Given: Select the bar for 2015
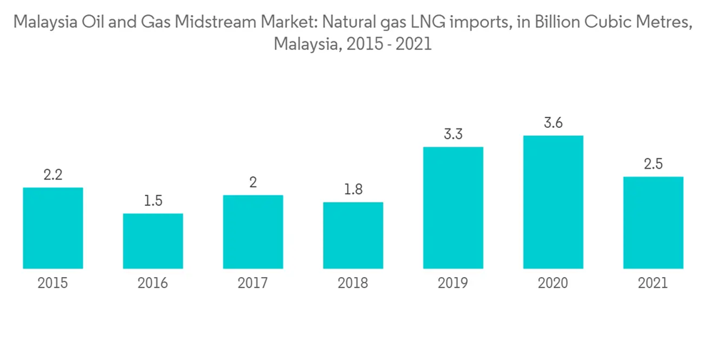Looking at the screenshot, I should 53,229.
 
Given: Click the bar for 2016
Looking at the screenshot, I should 153,241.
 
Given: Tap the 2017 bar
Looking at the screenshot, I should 253,232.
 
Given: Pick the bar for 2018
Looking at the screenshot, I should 353,236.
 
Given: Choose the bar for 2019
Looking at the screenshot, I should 453,208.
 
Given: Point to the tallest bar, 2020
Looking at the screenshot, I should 553,202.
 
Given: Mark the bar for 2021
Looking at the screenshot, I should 653,223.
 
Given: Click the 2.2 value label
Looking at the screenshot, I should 53,175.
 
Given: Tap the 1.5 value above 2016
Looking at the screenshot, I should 153,201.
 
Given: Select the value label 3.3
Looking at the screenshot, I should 453,134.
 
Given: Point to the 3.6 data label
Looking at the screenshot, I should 553,123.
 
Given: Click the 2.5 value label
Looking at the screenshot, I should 653,164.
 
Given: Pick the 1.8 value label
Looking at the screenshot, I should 353,189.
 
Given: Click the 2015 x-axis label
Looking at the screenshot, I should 53,284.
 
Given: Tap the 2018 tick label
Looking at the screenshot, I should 353,284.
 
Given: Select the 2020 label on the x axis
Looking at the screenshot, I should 553,284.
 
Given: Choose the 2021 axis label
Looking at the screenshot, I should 653,284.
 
